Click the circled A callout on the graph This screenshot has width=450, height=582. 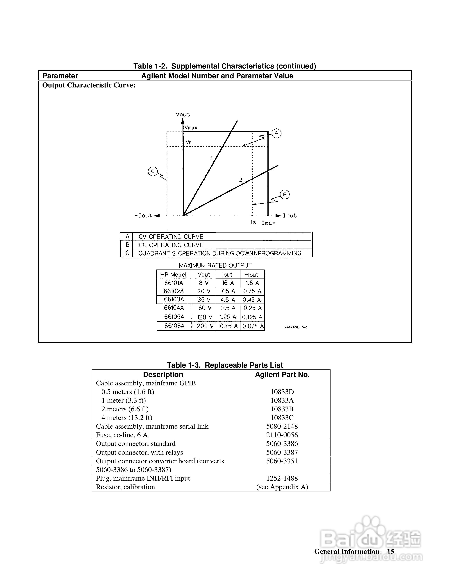(276, 133)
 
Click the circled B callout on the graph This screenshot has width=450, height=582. (285, 195)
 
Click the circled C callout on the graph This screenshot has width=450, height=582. (153, 171)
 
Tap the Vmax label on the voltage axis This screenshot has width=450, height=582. (191, 128)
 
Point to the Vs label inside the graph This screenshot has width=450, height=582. (188, 142)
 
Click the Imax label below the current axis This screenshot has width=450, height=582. (268, 223)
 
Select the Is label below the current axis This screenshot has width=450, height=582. (253, 222)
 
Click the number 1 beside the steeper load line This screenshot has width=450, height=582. (212, 158)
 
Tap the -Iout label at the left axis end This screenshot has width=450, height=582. (143, 215)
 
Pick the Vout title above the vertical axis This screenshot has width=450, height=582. (183, 115)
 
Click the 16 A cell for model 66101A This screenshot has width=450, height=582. (228, 283)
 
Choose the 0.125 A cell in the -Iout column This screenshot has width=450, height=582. (252, 317)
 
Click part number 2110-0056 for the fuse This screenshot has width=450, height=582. (282, 435)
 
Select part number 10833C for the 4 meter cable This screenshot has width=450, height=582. (282, 418)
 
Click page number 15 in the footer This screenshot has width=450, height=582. (391, 552)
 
